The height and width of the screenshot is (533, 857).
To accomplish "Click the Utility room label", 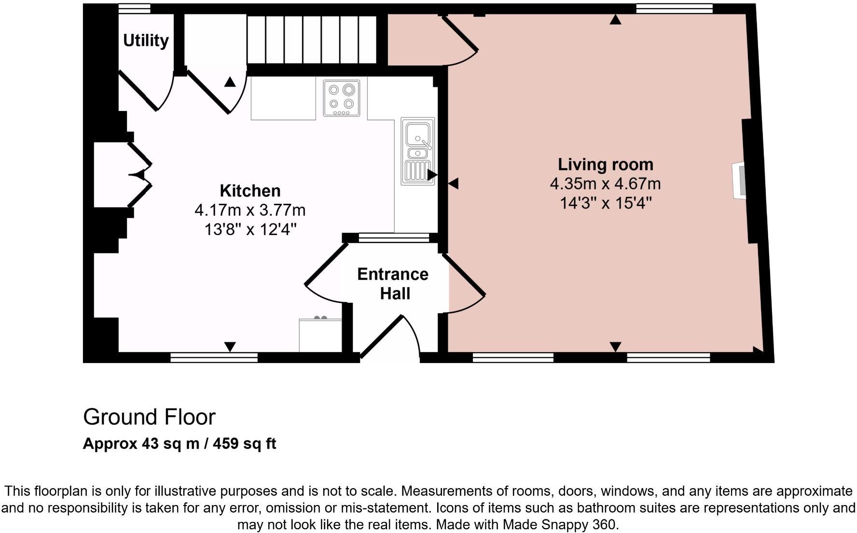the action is point(146,41).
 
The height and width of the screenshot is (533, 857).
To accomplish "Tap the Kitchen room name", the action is point(250,191).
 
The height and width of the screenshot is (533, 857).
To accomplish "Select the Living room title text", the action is point(606,165).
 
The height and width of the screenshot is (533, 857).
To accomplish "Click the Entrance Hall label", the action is point(393,284).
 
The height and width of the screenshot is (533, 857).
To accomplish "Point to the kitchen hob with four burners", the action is point(342,98).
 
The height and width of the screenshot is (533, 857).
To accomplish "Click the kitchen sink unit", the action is point(418,151).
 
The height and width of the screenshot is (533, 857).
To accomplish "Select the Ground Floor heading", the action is point(149,417).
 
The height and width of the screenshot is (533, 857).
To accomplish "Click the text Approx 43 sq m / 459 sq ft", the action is point(180,444).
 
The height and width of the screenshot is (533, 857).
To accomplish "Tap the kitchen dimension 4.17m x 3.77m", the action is point(250,210).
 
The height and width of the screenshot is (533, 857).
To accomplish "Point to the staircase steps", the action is point(312,40).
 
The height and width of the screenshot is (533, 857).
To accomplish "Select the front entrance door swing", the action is point(391,337).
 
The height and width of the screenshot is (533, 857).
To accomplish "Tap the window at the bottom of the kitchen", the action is point(214,357).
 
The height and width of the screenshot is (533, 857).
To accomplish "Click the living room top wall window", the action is point(675,8).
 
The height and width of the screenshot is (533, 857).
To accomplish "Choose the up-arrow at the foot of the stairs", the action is point(230,82).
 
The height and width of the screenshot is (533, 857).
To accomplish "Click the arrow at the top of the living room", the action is point(615,19).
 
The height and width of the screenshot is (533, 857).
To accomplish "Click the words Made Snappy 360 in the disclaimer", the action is point(560,525).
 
